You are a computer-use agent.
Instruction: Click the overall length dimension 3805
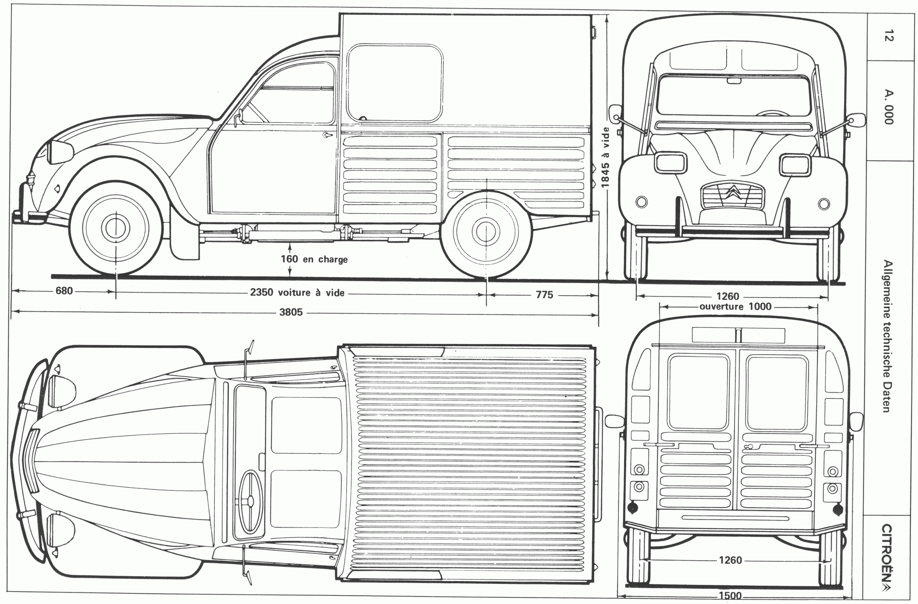[x=291, y=312]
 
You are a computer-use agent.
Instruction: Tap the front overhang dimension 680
[x=64, y=291]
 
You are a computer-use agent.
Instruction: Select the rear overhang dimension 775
[x=544, y=295]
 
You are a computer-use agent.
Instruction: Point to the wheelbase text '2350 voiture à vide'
[x=297, y=293]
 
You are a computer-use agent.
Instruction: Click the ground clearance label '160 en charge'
[x=314, y=259]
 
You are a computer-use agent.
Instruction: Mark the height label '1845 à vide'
[x=605, y=158]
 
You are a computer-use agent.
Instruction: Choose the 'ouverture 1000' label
[x=735, y=307]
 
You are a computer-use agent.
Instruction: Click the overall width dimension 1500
[x=730, y=596]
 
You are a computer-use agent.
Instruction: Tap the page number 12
[x=888, y=35]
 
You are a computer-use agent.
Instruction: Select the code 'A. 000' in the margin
[x=888, y=107]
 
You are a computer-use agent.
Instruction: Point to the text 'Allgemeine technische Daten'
[x=888, y=336]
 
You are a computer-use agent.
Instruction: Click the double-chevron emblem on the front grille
[x=732, y=191]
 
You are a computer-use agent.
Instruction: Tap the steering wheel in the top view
[x=251, y=501]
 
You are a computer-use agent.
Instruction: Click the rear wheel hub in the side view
[x=486, y=231]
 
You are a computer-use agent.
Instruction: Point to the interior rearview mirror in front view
[x=734, y=81]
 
